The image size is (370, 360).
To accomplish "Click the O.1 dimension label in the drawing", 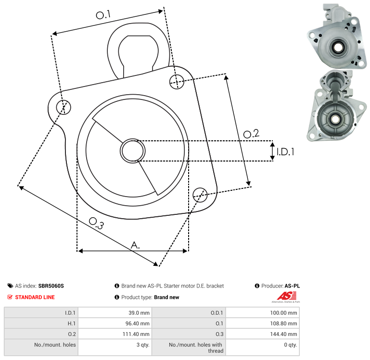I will [x=103, y=15].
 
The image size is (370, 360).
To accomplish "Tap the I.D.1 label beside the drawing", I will [x=285, y=151].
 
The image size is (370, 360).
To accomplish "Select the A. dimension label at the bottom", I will [x=136, y=245].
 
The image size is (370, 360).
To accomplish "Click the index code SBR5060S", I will [x=51, y=286].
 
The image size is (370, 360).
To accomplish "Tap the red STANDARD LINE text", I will [x=35, y=298].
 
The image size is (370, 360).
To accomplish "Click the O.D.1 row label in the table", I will [x=215, y=313].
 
